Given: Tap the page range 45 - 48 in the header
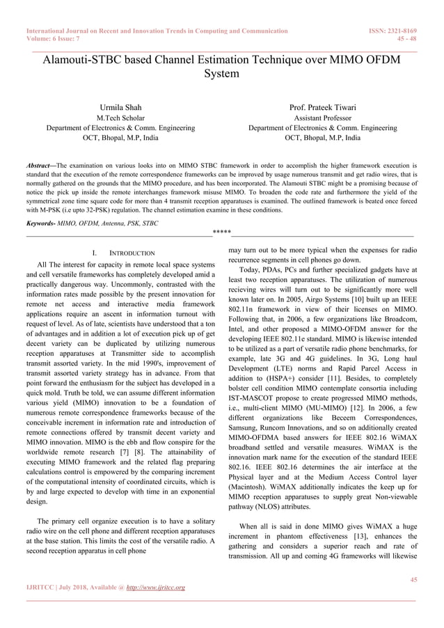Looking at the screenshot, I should pyautogui.click(x=406, y=40).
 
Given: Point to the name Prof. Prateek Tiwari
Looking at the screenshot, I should pyautogui.click(x=322, y=108).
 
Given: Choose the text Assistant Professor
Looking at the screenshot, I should pyautogui.click(x=322, y=118).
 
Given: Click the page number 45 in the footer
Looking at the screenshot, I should pyautogui.click(x=413, y=579).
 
